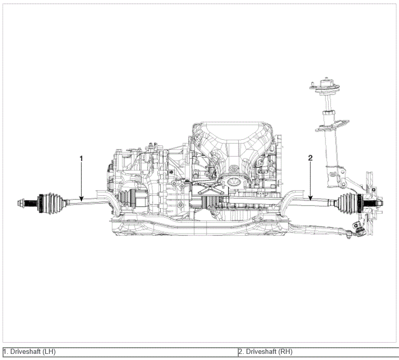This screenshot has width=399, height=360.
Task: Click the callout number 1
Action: coord(82,159)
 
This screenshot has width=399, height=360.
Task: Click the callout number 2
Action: coord(310,158)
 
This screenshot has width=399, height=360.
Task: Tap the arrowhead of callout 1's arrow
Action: coord(82,199)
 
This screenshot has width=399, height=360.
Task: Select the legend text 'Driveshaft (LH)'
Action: coord(33,352)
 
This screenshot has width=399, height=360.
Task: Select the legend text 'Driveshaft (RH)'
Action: coord(269,352)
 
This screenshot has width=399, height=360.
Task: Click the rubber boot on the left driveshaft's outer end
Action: coord(53,203)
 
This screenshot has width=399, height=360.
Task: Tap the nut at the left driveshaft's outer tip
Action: coord(20,203)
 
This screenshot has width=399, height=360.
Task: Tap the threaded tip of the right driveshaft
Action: coord(375,203)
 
